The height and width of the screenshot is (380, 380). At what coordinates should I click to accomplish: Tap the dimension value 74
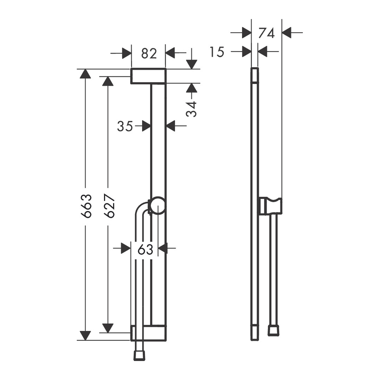point(266,33)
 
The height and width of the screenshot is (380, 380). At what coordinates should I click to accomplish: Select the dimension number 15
point(217,52)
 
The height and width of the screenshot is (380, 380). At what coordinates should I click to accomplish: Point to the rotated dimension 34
point(192,109)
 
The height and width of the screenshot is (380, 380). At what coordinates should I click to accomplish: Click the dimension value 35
point(125,126)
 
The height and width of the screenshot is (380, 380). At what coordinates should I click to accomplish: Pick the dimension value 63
point(146,249)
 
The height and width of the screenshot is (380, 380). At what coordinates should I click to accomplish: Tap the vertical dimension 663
point(86,206)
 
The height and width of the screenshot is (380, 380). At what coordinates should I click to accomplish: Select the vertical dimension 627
point(109,206)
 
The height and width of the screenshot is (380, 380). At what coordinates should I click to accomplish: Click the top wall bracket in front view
point(149,76)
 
